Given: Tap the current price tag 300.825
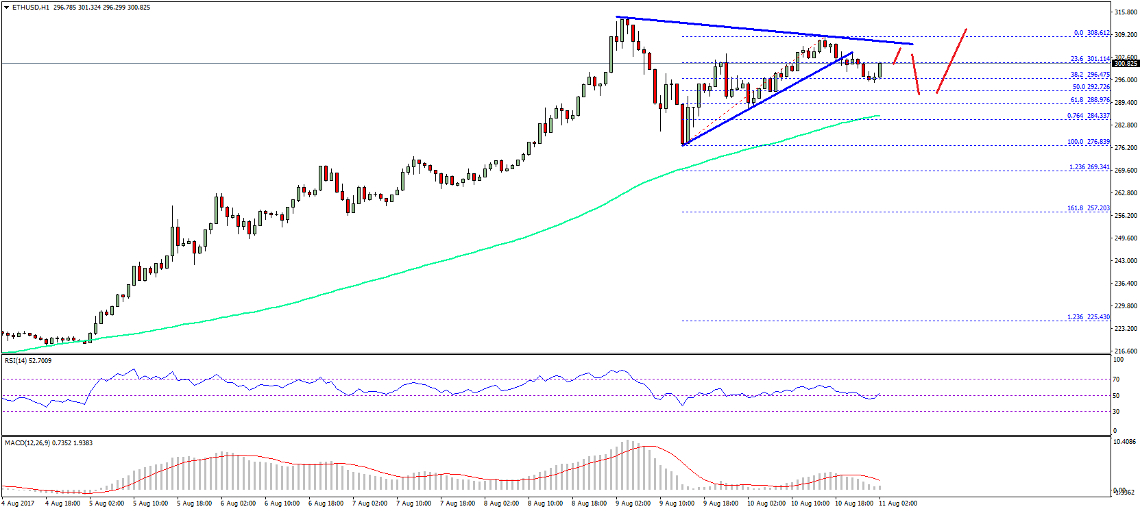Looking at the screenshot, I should coord(1126,64).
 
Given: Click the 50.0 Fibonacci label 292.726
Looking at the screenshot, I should coord(1091,87).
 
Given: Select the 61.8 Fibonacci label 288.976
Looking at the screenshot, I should coord(1090,100).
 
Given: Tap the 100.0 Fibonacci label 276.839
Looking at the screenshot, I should coord(1088,142).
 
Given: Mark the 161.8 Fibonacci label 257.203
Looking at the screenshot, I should coord(1088,208).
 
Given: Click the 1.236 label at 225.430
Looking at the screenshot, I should coord(1088,317).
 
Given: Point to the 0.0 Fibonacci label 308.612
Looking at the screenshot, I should coord(1091,33).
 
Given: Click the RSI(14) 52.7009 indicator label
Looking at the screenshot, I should coord(28,360).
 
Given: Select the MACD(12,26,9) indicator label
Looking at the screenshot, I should coord(49,443).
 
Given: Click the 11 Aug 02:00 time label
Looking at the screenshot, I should coord(898,503).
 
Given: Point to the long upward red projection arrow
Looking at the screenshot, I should coord(951,60).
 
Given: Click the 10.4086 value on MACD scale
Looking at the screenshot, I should coord(1126,442).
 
